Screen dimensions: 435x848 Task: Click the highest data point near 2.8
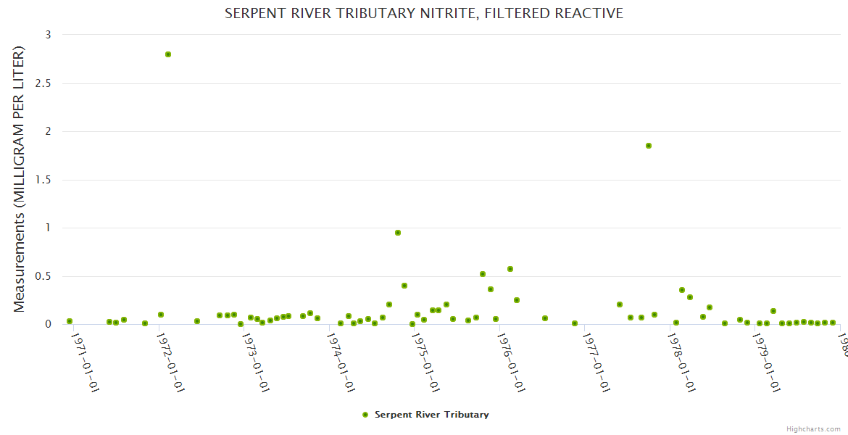tap(168, 54)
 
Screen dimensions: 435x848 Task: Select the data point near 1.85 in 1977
tap(649, 146)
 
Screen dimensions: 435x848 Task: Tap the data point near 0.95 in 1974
tap(398, 233)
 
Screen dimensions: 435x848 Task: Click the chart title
tap(424, 13)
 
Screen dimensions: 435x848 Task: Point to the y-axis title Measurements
tap(20, 179)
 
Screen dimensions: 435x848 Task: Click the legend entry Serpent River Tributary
tap(431, 415)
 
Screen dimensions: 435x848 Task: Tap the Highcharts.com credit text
tap(814, 428)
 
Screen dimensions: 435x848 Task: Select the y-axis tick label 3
tap(48, 35)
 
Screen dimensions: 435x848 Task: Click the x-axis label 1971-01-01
tap(85, 362)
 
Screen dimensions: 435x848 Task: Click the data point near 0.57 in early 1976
tap(510, 269)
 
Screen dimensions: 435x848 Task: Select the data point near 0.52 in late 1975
tap(483, 274)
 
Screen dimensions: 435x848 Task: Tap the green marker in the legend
tap(365, 415)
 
